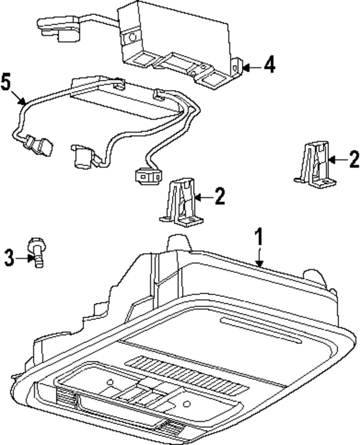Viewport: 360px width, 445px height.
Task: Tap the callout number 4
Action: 269,66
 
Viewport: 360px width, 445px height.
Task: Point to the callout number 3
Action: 9,258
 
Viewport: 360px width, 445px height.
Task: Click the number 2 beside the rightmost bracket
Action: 354,159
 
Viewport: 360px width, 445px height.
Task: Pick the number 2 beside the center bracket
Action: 220,196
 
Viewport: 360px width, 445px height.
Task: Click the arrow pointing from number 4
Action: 252,67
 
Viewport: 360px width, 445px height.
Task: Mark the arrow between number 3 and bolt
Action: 24,258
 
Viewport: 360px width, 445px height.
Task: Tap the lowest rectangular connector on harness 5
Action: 148,176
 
